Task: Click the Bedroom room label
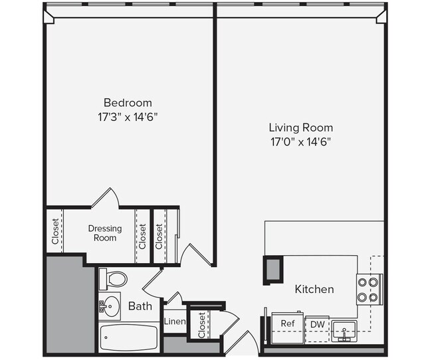128,103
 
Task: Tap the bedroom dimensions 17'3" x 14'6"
128,116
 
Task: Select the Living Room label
300,128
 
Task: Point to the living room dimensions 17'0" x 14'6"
300,141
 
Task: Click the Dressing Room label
105,232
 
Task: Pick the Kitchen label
314,290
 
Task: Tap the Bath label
140,306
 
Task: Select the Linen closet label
174,321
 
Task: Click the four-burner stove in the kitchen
369,289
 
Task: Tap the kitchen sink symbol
344,329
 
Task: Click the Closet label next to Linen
201,325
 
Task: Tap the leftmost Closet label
55,231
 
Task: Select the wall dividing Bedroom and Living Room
215,133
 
